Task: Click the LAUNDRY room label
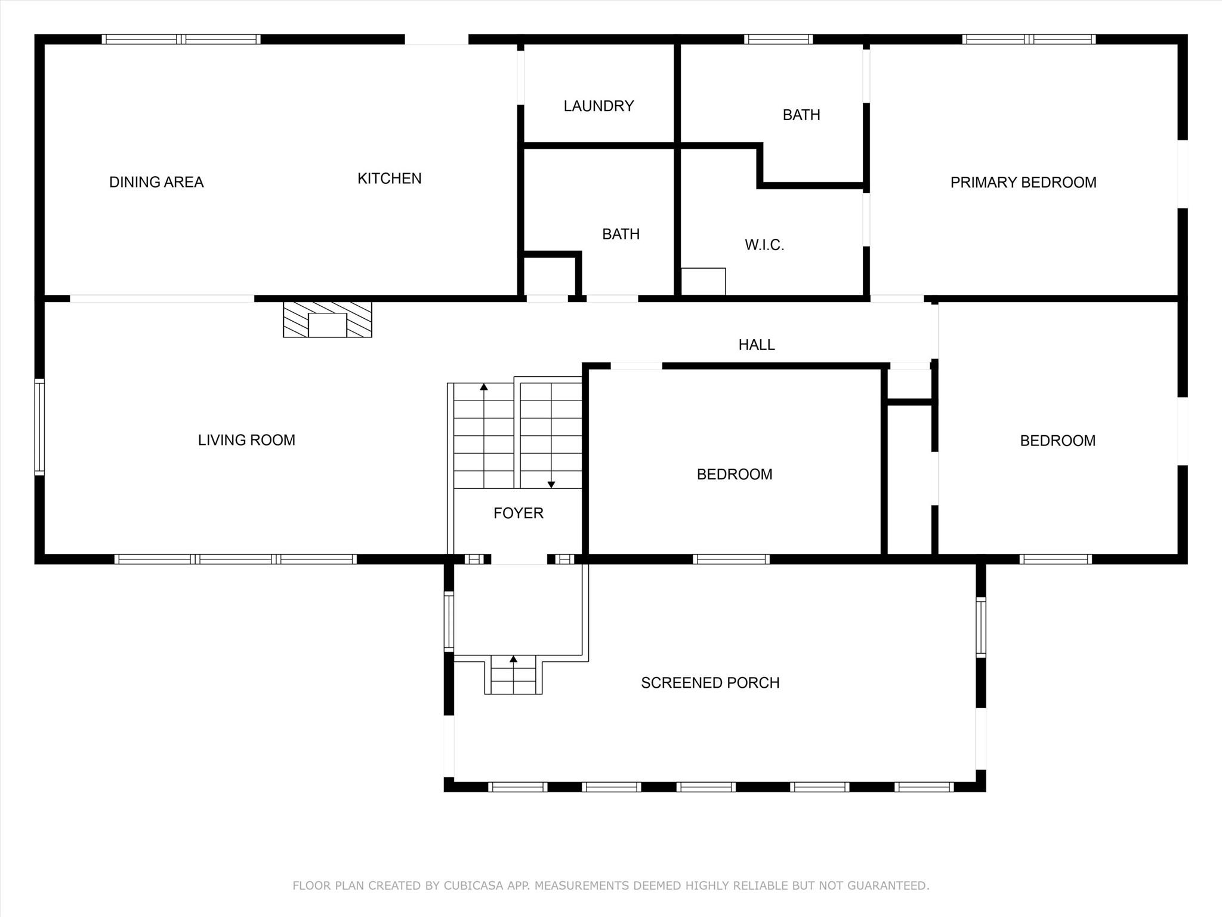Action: click(x=598, y=106)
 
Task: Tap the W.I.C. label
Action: click(x=764, y=245)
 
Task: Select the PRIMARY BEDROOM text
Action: click(x=1023, y=183)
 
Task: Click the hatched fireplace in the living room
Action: click(x=327, y=319)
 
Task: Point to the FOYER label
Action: click(x=518, y=513)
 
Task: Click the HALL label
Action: click(x=756, y=345)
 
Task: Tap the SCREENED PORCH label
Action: click(x=710, y=683)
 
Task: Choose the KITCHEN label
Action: click(x=389, y=179)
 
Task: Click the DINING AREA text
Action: click(x=156, y=182)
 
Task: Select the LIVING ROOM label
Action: click(x=246, y=441)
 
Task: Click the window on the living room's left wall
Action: click(x=39, y=427)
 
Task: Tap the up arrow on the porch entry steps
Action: click(x=513, y=659)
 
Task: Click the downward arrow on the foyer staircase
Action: click(x=551, y=484)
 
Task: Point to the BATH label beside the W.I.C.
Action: click(x=621, y=234)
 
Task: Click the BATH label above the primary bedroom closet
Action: click(x=801, y=115)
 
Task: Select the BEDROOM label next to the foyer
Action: click(x=734, y=475)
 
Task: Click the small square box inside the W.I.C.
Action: click(x=703, y=282)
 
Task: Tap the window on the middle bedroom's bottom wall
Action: click(x=731, y=559)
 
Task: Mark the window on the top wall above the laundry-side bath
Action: click(x=778, y=39)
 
